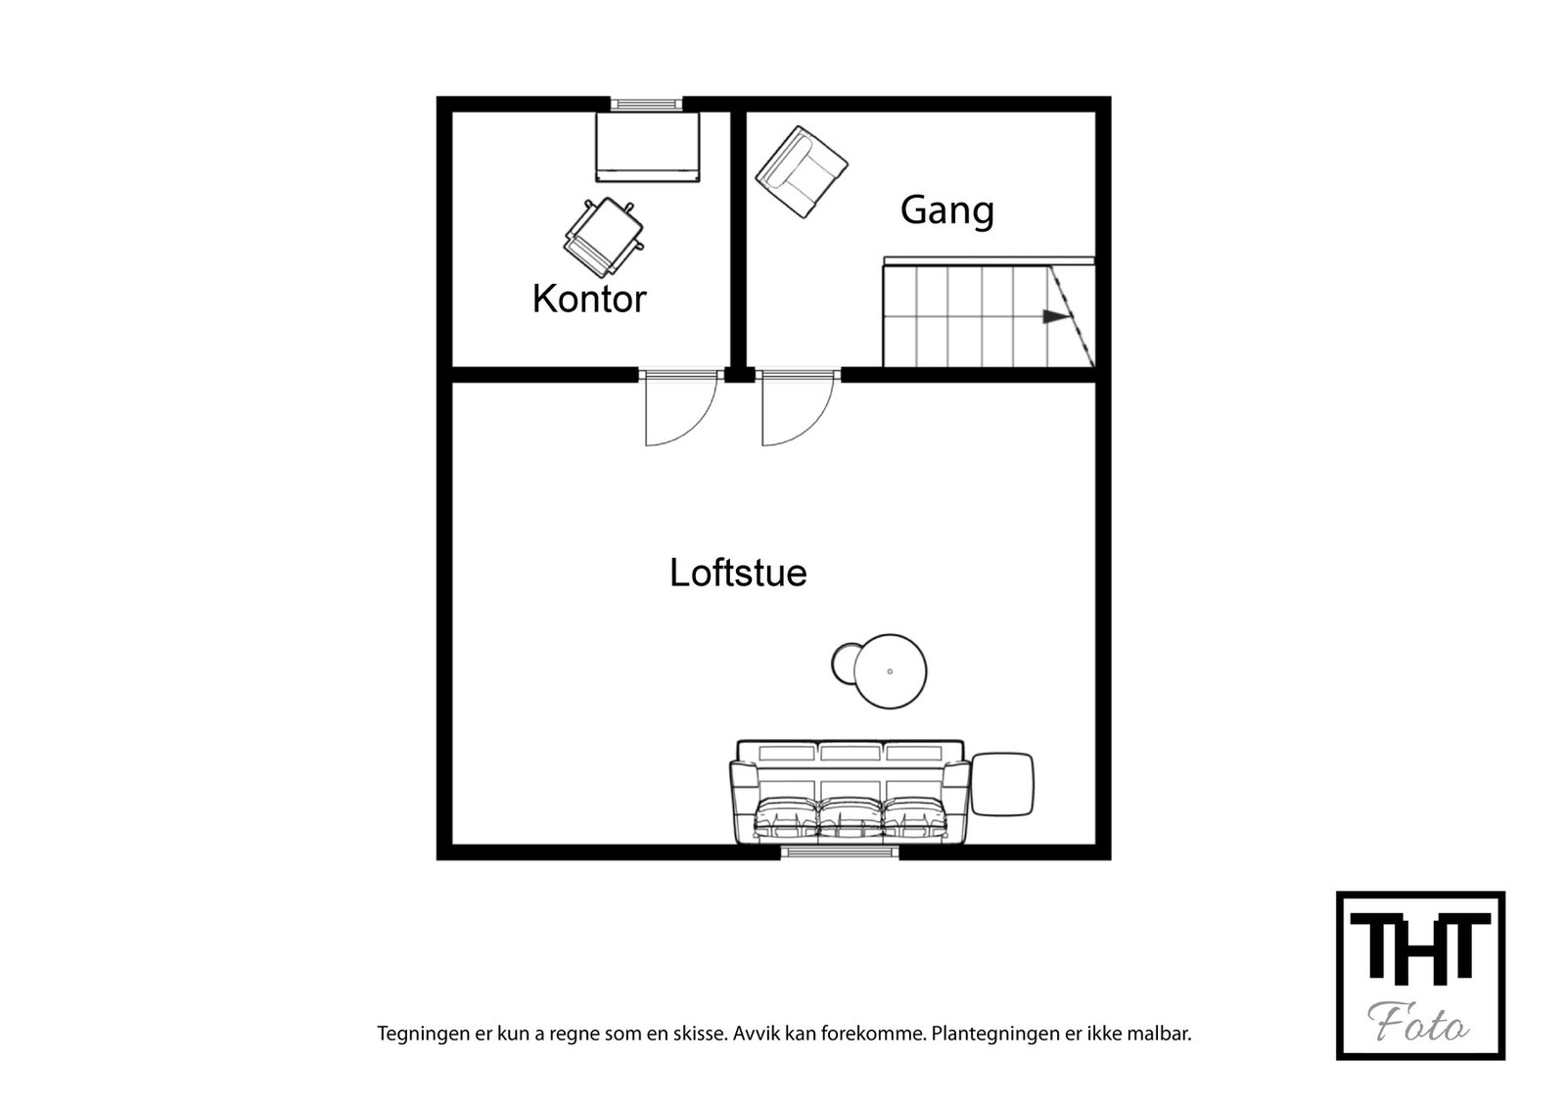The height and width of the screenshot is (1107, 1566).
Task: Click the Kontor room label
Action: pyautogui.click(x=589, y=299)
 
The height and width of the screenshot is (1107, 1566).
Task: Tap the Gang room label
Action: pyautogui.click(x=946, y=210)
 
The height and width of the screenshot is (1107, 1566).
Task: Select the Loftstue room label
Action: pyautogui.click(x=738, y=573)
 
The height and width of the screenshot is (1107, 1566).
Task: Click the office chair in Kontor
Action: pyautogui.click(x=604, y=237)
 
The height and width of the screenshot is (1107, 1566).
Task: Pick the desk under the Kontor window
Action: pyautogui.click(x=648, y=147)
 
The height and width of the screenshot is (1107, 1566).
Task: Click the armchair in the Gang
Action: pyautogui.click(x=802, y=172)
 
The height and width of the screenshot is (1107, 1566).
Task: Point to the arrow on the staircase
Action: pyautogui.click(x=1054, y=316)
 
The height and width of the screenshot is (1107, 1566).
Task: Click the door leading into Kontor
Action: pyautogui.click(x=679, y=409)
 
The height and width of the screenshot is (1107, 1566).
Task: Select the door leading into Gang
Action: pyautogui.click(x=797, y=409)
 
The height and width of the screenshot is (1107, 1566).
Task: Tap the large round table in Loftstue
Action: pyautogui.click(x=890, y=671)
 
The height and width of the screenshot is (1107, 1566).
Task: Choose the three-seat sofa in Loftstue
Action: pyautogui.click(x=850, y=793)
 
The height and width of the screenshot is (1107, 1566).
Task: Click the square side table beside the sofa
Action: pyautogui.click(x=1002, y=784)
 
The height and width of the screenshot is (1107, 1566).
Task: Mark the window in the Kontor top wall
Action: pyautogui.click(x=646, y=104)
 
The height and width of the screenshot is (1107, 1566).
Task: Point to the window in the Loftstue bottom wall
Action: pyautogui.click(x=840, y=853)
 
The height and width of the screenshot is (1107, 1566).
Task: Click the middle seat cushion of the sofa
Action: pyautogui.click(x=850, y=817)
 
